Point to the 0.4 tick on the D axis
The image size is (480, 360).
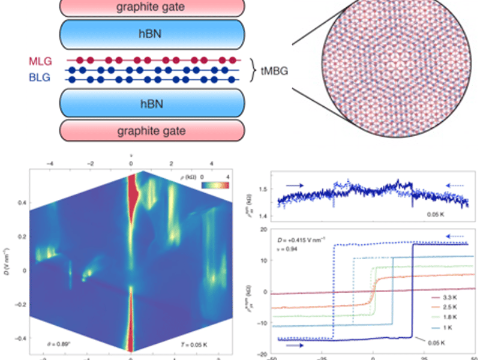coord(19,202)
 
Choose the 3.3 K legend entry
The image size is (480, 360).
coord(452,295)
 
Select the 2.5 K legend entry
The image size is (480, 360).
coord(452,307)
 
